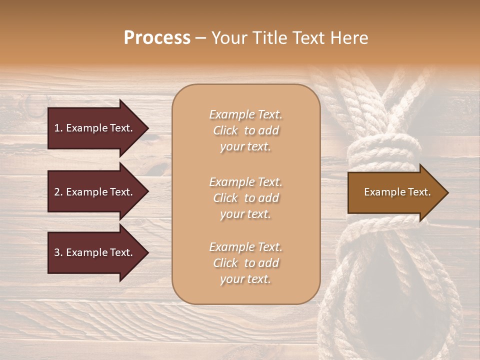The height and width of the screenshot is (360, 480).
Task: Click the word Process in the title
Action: tap(157, 38)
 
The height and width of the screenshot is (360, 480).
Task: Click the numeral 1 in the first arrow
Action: tap(57, 128)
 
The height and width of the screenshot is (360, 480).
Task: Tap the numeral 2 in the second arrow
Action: tap(57, 192)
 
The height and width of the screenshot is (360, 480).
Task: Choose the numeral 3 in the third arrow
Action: tap(57, 252)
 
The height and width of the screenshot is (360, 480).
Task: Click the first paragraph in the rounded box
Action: tap(245, 130)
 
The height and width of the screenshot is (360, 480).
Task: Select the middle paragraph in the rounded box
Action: tap(245, 198)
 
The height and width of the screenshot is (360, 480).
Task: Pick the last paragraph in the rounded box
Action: tap(245, 263)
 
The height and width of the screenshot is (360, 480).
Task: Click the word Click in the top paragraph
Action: tap(225, 131)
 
